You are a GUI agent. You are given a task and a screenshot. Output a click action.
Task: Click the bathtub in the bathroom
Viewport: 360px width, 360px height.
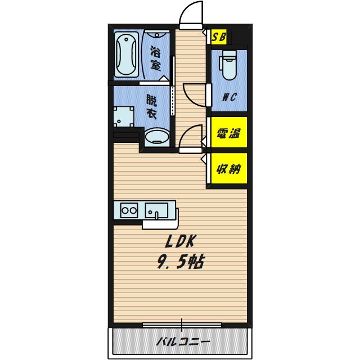[x=126, y=55]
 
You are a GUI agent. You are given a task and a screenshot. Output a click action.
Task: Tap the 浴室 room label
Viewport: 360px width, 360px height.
[x=155, y=58]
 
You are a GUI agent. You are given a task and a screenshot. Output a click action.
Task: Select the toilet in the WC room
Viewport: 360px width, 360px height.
[x=228, y=65]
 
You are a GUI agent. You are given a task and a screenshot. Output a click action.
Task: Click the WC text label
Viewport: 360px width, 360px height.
[x=229, y=97]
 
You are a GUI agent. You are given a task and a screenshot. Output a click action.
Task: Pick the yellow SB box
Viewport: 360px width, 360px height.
[x=219, y=37]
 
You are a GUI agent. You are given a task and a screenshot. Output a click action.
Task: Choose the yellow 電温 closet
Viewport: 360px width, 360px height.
[x=229, y=132]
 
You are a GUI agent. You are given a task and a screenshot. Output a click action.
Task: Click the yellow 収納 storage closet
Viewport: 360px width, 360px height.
[x=229, y=168]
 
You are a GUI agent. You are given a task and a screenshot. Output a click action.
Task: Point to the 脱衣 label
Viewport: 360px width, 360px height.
[x=151, y=107]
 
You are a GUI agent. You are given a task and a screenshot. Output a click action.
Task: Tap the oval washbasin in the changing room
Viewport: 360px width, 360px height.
[x=157, y=137]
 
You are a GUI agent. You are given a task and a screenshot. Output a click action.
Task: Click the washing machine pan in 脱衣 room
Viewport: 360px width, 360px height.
[x=124, y=116]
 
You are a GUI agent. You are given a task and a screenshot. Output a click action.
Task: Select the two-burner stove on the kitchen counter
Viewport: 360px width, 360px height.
[x=129, y=210]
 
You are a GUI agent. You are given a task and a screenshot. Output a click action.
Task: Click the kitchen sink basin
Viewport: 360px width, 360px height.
[x=156, y=210]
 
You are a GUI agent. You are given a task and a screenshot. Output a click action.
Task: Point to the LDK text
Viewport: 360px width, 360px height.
[x=180, y=242]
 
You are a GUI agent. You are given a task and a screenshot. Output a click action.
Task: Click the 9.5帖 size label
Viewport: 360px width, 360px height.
[x=180, y=262]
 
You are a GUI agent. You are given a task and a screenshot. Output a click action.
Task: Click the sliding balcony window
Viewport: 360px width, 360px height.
[x=182, y=325]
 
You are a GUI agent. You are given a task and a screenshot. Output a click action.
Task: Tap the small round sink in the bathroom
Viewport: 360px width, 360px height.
[x=157, y=34]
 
